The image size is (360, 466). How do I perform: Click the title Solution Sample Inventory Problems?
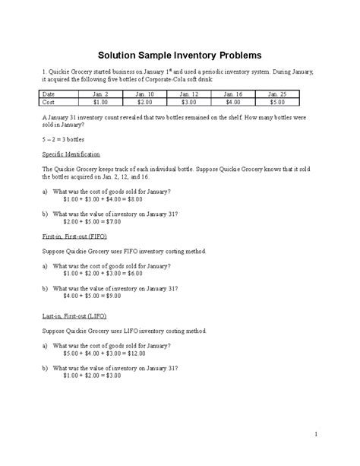click(181, 55)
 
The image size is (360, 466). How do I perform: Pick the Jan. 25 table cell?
click(277, 94)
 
